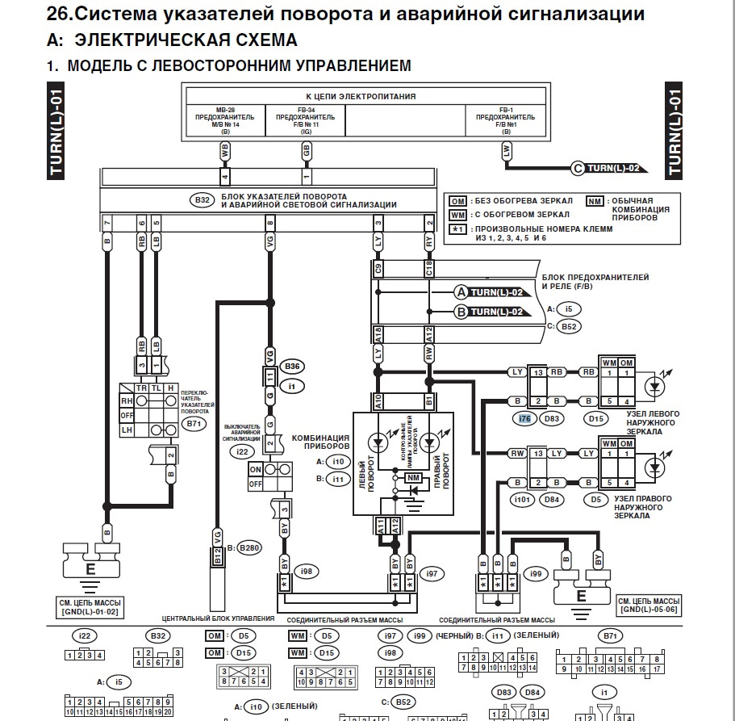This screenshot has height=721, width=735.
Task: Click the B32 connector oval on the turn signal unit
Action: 201,199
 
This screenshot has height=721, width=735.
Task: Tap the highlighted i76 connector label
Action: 524,418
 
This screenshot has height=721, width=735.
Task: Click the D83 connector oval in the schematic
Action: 552,418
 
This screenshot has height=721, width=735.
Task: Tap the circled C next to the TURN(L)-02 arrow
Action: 577,168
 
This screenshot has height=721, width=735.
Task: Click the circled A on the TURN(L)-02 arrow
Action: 461,291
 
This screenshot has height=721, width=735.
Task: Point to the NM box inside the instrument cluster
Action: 413,479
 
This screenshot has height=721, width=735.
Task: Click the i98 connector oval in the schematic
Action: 306,572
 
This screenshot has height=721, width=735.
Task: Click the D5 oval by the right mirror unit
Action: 595,499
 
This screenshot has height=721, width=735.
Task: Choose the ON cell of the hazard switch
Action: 256,469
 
